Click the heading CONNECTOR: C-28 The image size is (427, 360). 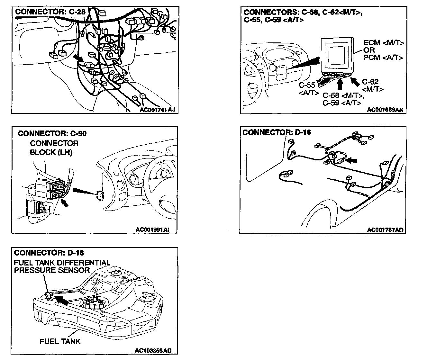click(50, 12)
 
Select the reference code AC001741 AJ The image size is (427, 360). click(158, 110)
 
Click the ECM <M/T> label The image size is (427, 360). click(384, 43)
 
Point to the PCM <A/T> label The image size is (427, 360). click(383, 58)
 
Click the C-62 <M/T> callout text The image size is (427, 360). click(372, 85)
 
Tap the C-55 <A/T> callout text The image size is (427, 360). click(308, 89)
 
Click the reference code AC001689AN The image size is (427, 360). click(385, 110)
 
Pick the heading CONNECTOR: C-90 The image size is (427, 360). click(52, 133)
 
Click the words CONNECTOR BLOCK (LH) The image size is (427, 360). click(54, 148)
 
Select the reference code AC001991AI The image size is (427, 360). click(152, 230)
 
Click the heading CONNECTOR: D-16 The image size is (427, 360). click(277, 132)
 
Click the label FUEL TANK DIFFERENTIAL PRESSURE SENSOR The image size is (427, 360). click(62, 266)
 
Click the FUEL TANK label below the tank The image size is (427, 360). click(60, 341)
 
